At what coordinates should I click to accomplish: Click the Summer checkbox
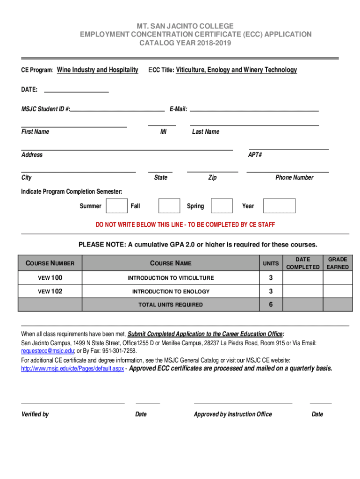click(116, 206)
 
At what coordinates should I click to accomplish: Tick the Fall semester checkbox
click(169, 206)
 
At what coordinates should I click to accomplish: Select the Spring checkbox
click(222, 206)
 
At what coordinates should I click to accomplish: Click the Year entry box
click(279, 206)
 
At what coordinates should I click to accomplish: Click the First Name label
click(35, 132)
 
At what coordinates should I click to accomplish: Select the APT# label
click(255, 155)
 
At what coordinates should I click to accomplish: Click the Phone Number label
click(294, 178)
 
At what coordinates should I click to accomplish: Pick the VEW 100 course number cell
click(50, 278)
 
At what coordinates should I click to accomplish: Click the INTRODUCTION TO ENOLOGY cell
click(171, 292)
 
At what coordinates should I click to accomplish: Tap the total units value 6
click(271, 305)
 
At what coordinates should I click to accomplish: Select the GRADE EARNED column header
click(338, 263)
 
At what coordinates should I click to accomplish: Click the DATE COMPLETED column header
click(302, 263)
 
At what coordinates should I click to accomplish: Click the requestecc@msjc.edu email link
click(48, 351)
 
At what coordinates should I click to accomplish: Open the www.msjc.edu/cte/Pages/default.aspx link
click(72, 369)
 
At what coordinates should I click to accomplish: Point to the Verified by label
click(35, 414)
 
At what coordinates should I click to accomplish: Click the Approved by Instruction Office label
click(233, 414)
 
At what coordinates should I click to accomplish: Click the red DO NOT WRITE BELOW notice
click(185, 225)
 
